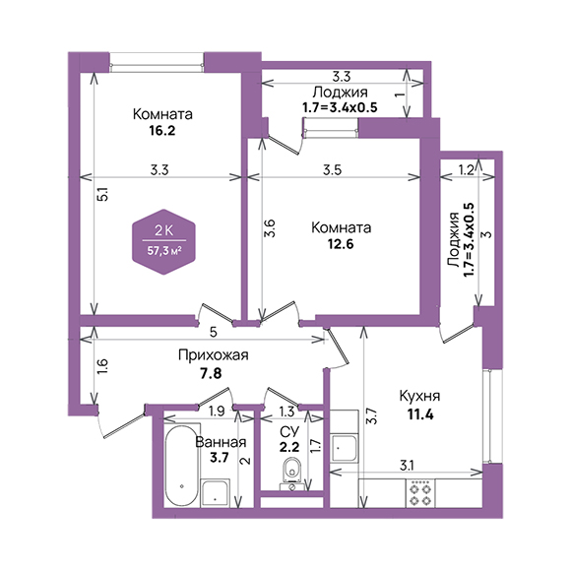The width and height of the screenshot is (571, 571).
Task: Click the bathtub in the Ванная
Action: tap(182, 465)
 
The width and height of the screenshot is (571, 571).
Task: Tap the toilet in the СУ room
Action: tap(292, 474)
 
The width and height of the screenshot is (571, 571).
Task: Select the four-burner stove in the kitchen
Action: tap(420, 493)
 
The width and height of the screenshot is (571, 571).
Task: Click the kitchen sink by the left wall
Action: tap(344, 448)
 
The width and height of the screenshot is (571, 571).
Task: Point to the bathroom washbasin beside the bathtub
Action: tap(216, 493)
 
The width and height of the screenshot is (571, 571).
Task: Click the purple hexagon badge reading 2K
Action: tap(163, 242)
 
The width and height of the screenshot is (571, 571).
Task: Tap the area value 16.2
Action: tap(162, 130)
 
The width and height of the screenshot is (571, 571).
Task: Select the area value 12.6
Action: tap(341, 243)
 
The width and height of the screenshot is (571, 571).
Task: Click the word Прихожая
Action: tap(214, 355)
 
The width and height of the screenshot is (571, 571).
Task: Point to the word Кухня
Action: tap(419, 396)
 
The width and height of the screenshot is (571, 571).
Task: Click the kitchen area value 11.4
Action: tap(420, 414)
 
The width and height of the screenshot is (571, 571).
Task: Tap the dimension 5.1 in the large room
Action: tap(103, 195)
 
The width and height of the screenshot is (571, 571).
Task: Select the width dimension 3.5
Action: tap(332, 170)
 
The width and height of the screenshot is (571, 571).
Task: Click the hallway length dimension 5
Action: tap(214, 332)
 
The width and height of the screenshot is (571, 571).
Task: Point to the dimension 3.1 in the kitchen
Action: tap(407, 466)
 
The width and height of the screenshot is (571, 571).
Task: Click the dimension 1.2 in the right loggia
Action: tap(467, 170)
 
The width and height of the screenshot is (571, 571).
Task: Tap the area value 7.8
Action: tap(211, 373)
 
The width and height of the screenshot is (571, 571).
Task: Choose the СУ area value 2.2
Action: tap(289, 446)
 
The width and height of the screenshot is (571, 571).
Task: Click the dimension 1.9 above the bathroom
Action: tap(217, 412)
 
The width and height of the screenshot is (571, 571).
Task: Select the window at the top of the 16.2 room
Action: tap(157, 63)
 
